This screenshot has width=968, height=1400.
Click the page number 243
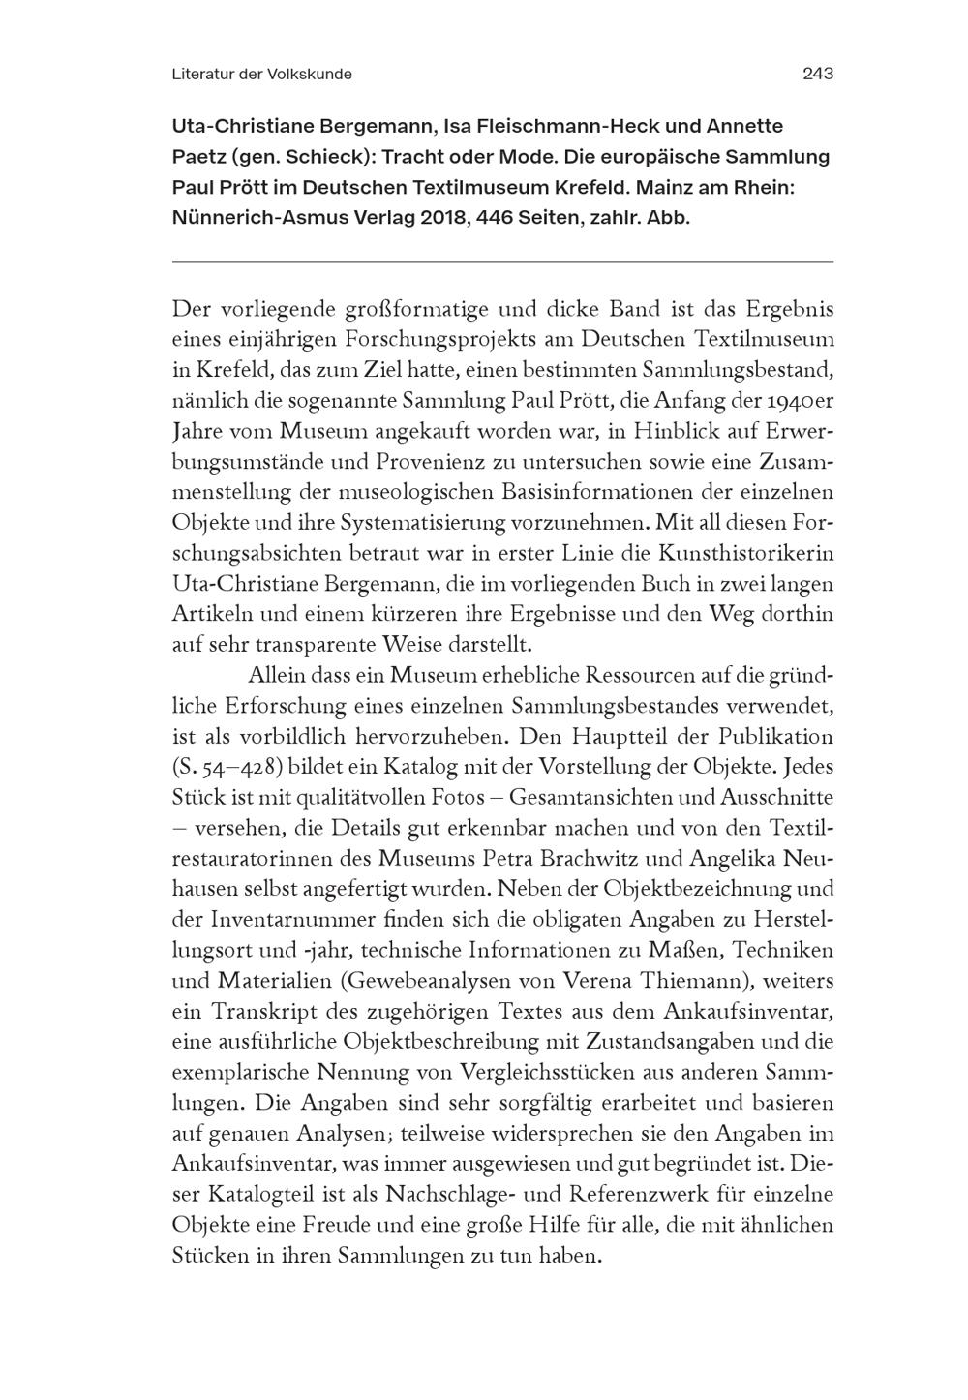(x=818, y=74)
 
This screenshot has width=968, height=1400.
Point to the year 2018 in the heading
(x=448, y=217)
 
